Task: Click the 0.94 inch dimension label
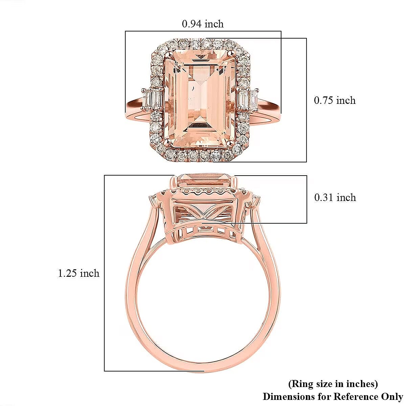click(x=203, y=24)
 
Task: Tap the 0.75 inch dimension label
click(x=335, y=100)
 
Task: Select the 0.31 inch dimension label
click(x=335, y=197)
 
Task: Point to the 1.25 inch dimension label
click(x=78, y=273)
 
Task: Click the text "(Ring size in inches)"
click(x=333, y=384)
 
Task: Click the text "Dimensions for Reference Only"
click(x=333, y=396)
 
